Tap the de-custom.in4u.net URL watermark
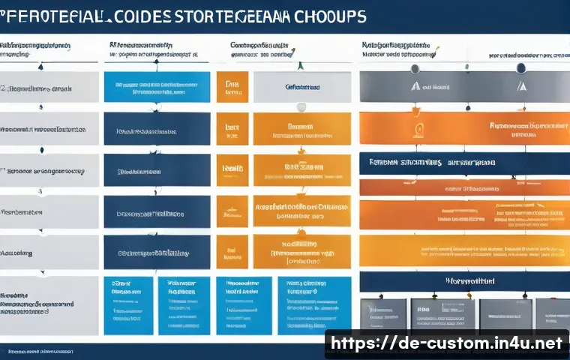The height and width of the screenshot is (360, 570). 446,343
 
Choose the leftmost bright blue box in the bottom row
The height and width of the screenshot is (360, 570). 127,305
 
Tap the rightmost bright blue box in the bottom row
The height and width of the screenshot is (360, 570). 317,305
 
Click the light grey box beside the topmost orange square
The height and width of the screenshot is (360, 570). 301,87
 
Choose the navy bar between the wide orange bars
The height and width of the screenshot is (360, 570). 463,161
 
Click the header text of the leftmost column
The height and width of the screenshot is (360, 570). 35,46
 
